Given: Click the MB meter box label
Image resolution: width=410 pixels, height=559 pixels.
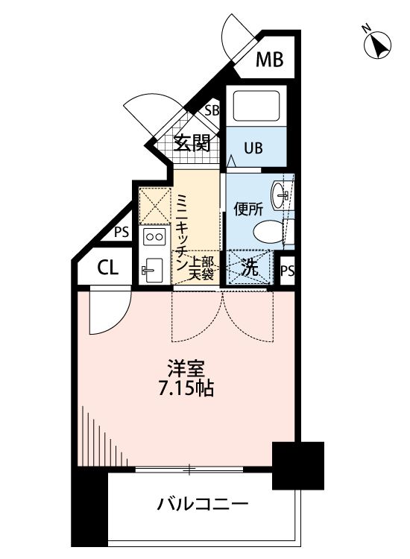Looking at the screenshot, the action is click(270, 60).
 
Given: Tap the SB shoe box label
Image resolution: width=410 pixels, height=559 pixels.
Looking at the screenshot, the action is click(212, 110).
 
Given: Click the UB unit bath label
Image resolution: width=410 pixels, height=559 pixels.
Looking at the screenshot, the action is click(253, 148).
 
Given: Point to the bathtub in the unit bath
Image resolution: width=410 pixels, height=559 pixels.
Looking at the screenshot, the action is click(256, 106).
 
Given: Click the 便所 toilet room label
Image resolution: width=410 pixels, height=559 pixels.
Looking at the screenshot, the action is click(248, 209).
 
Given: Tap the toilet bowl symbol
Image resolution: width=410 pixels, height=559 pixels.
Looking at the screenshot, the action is click(269, 232).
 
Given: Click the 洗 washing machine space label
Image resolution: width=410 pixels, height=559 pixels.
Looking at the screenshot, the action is click(250, 268).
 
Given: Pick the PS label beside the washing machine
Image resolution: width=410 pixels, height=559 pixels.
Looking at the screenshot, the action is click(287, 271).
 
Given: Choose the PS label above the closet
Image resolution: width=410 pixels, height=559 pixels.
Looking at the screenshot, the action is click(122, 233).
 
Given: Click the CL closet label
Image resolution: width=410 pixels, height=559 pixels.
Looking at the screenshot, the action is click(107, 268).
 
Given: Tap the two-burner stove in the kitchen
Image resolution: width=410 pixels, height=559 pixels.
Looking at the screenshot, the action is click(154, 237).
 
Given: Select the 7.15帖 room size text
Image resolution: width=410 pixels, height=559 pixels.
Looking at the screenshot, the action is click(186, 388).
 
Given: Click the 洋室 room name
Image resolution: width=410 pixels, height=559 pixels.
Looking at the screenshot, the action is click(186, 369).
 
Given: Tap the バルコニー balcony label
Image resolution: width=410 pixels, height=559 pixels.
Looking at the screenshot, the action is click(203, 504).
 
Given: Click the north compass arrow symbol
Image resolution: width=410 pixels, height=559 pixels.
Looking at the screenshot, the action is click(377, 45).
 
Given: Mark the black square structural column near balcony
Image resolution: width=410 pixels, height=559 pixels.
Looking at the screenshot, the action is click(298, 466).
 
